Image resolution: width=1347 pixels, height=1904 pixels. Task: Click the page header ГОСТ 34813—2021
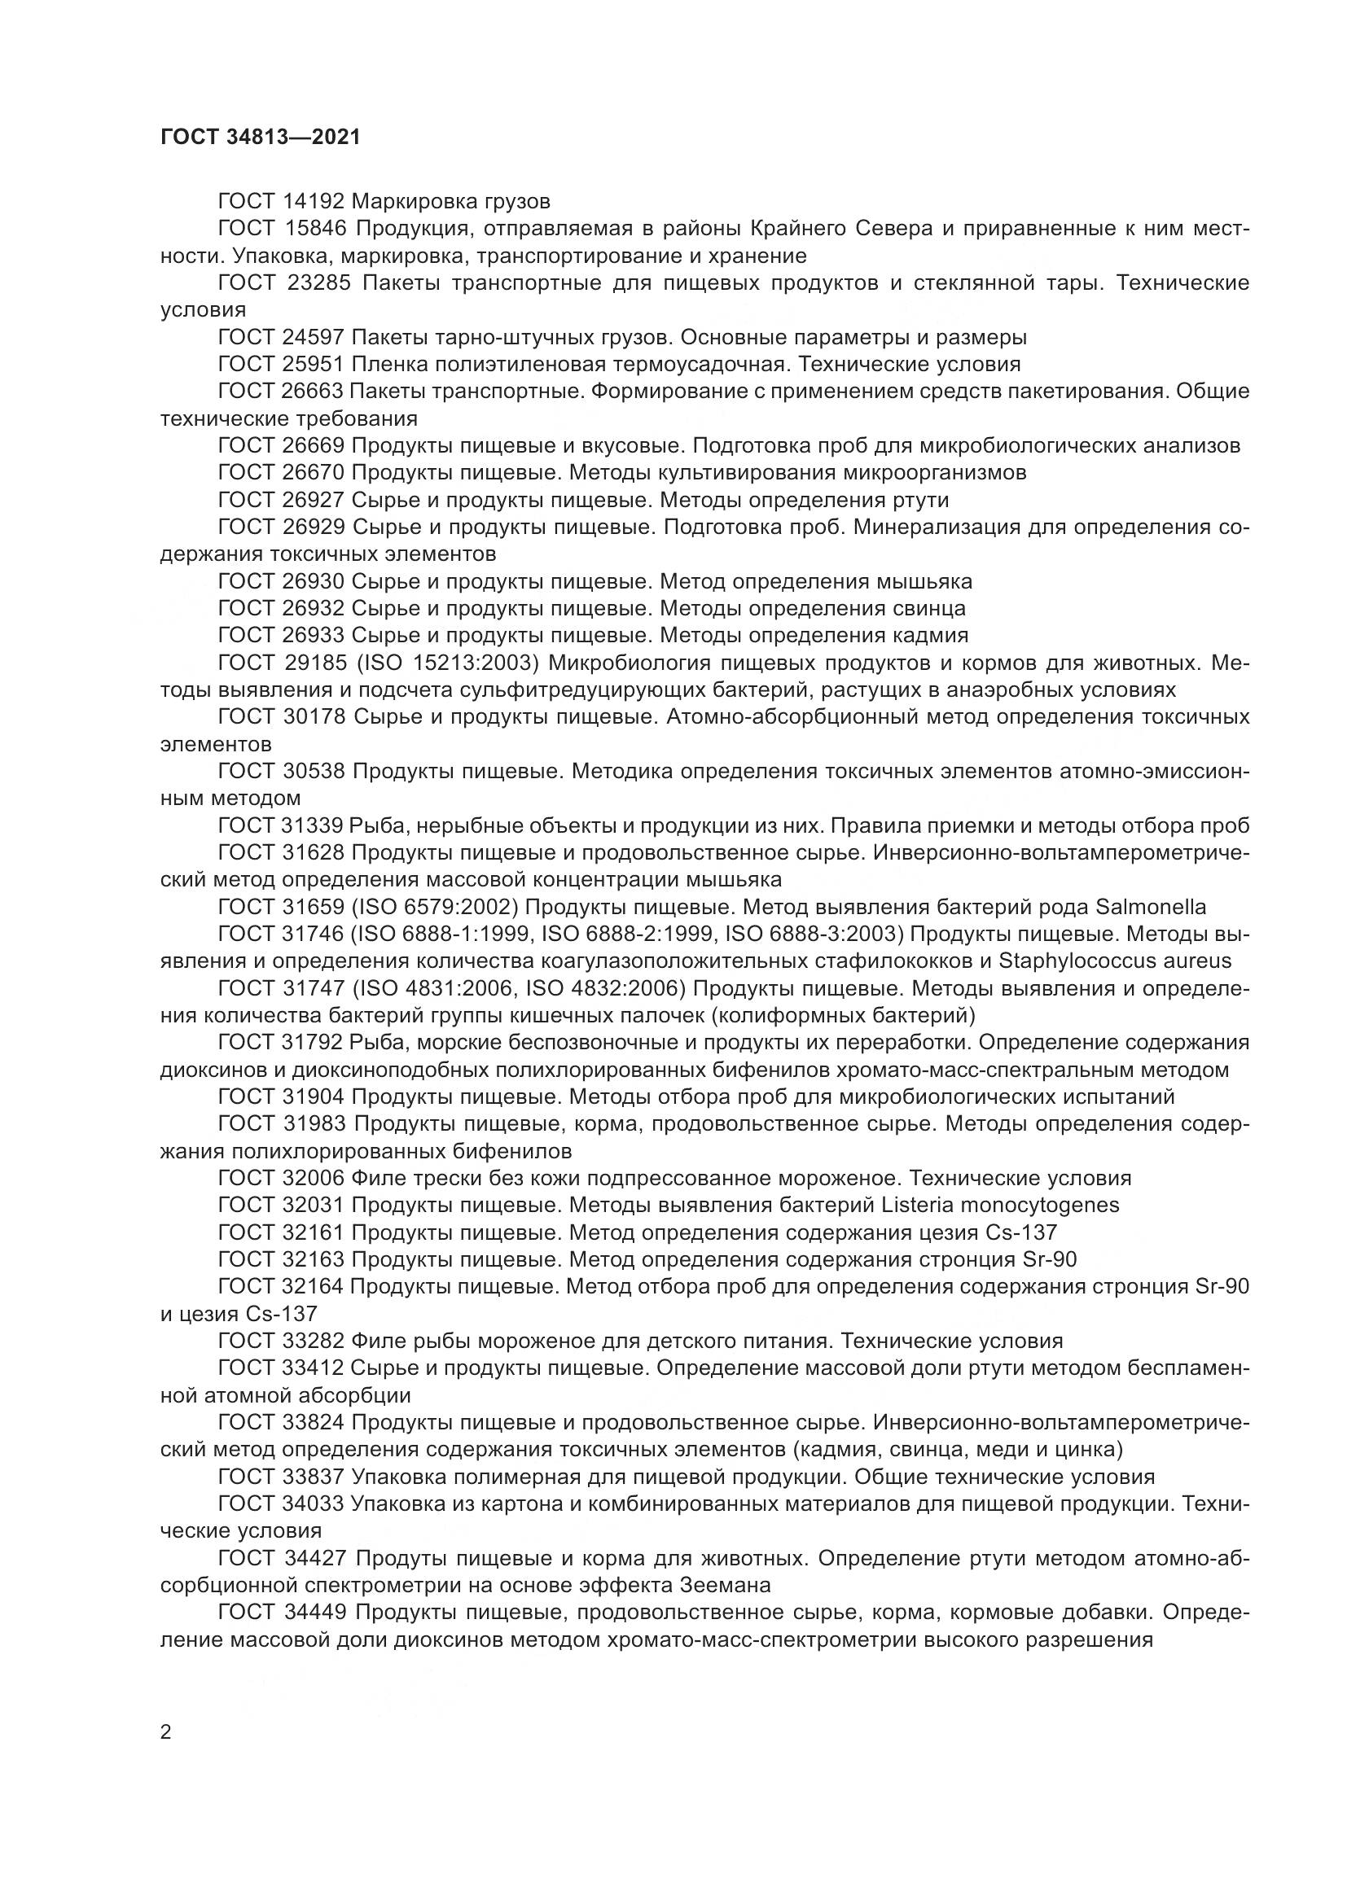click(261, 138)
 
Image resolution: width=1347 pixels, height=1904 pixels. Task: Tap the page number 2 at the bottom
click(166, 1731)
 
